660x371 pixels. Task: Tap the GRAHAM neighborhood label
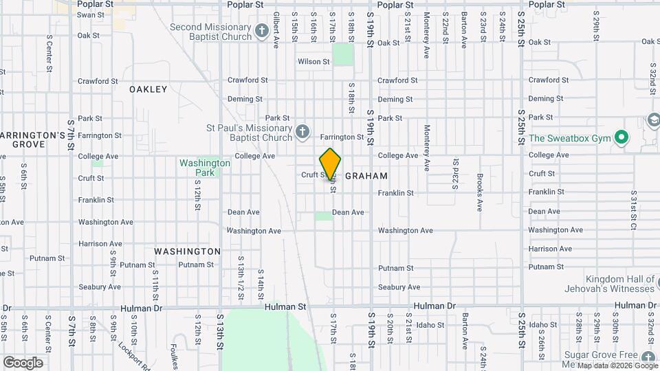[x=366, y=176]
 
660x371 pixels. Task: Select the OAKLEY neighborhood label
[x=148, y=89]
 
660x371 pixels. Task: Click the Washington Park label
[x=205, y=168]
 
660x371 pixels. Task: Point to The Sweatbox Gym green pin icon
[x=621, y=138]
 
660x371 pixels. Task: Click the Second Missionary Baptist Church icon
[x=261, y=31]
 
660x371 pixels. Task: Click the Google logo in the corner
[x=22, y=363]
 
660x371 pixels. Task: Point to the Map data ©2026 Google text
[x=618, y=366]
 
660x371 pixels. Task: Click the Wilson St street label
[x=313, y=62]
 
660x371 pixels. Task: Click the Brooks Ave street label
[x=480, y=192]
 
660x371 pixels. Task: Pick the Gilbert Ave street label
[x=276, y=30]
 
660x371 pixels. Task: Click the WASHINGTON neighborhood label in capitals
[x=187, y=251]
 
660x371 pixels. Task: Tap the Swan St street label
[x=89, y=14]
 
